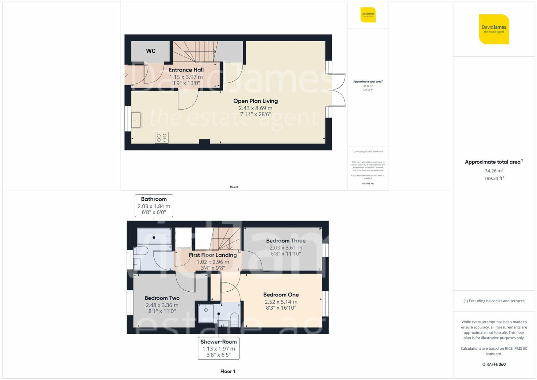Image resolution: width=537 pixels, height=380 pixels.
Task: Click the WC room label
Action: [x=151, y=51]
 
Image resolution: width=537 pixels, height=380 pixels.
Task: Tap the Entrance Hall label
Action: [x=186, y=70]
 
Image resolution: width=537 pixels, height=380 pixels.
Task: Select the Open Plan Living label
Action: [x=255, y=101]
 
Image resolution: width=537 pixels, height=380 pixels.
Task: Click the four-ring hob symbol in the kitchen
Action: [x=162, y=138]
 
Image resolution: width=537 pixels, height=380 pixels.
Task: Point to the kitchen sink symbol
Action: [x=136, y=120]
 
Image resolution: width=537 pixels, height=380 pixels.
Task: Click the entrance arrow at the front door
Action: [x=125, y=75]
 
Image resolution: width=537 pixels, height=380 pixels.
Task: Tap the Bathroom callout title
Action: [x=154, y=199]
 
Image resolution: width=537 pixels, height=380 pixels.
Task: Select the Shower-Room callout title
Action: [x=219, y=342]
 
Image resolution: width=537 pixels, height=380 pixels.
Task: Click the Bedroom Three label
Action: [x=286, y=241]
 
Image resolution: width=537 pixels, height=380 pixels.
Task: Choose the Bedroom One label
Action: [x=281, y=295]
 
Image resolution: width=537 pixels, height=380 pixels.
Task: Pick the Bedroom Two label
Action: [x=162, y=298]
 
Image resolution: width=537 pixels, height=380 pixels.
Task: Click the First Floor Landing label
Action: [x=213, y=255]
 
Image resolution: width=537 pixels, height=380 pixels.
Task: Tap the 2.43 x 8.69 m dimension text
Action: [x=255, y=108]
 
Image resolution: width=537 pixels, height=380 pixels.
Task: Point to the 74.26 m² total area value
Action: [x=494, y=171]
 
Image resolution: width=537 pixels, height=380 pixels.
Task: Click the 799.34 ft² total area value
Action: [x=494, y=178]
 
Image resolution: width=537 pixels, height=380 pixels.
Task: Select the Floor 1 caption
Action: [x=227, y=371]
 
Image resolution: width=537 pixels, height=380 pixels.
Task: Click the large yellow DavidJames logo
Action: [x=494, y=29]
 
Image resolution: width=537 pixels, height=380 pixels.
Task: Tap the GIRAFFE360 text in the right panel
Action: [x=494, y=364]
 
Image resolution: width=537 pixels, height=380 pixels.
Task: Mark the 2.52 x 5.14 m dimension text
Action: [x=281, y=302]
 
